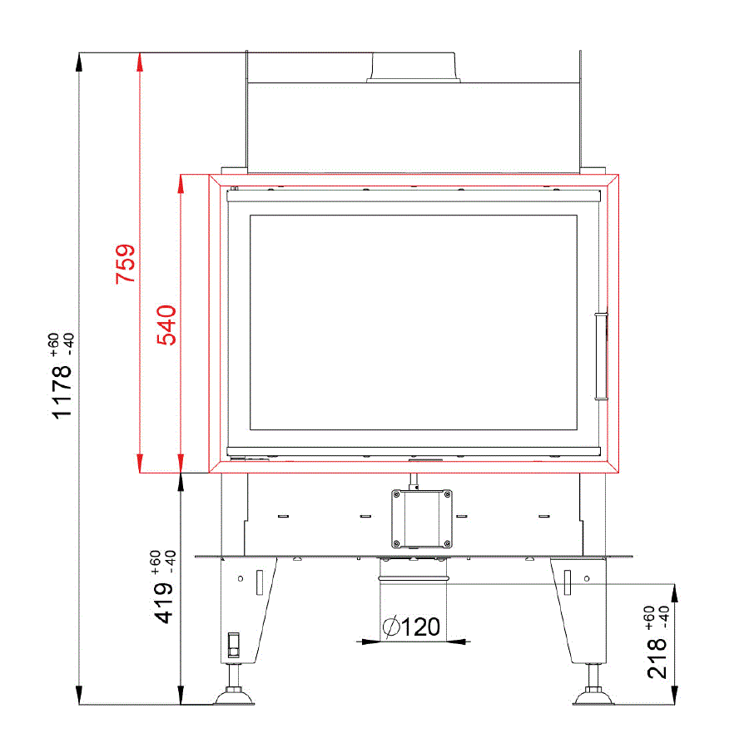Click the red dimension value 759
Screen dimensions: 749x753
tap(125, 264)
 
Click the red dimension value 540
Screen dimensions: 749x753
tap(166, 325)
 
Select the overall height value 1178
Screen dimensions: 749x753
tap(62, 392)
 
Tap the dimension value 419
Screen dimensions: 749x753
tap(163, 602)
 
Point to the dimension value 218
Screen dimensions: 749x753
tap(657, 658)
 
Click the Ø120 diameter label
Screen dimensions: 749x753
tap(411, 627)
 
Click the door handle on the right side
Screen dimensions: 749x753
tap(601, 356)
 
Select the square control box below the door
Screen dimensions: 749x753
tap(422, 518)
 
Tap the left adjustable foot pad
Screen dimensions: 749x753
tap(234, 696)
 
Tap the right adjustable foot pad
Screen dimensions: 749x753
tap(593, 696)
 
